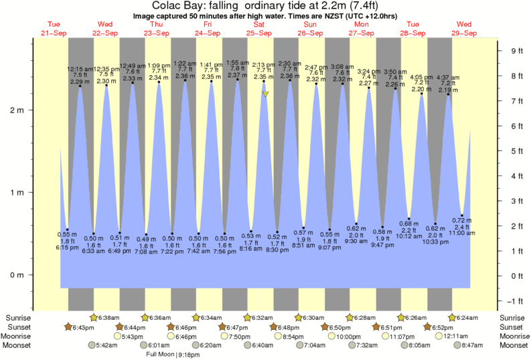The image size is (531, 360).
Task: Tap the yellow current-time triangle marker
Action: (266, 94)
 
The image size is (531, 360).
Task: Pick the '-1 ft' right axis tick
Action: (516, 300)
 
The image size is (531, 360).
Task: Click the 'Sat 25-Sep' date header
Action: (259, 29)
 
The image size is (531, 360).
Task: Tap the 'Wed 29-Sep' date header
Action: (465, 29)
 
